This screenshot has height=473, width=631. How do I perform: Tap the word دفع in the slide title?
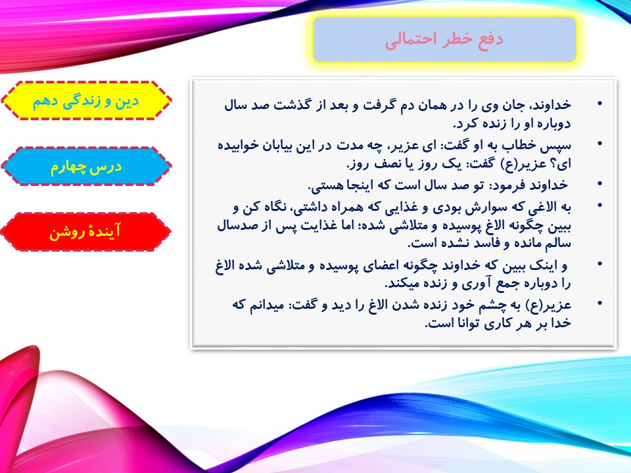point(490,39)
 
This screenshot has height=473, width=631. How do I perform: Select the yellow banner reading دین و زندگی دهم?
point(86,101)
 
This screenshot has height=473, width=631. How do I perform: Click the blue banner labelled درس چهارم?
point(86,166)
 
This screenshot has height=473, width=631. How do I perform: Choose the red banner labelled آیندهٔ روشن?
point(85,232)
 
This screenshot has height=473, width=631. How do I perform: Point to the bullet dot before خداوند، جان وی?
point(600,104)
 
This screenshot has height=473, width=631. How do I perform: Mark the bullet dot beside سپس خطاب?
point(600,144)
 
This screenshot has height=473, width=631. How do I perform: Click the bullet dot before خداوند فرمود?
point(600,184)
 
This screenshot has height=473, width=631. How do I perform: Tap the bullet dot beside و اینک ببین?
point(600,264)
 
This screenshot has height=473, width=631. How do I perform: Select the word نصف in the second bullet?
point(388,164)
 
